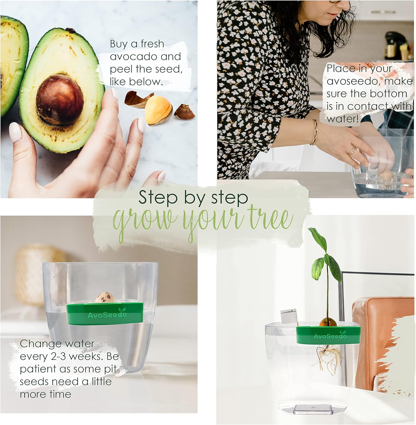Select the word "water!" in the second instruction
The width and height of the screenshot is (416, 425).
342,119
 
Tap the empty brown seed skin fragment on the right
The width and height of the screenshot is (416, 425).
184,111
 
